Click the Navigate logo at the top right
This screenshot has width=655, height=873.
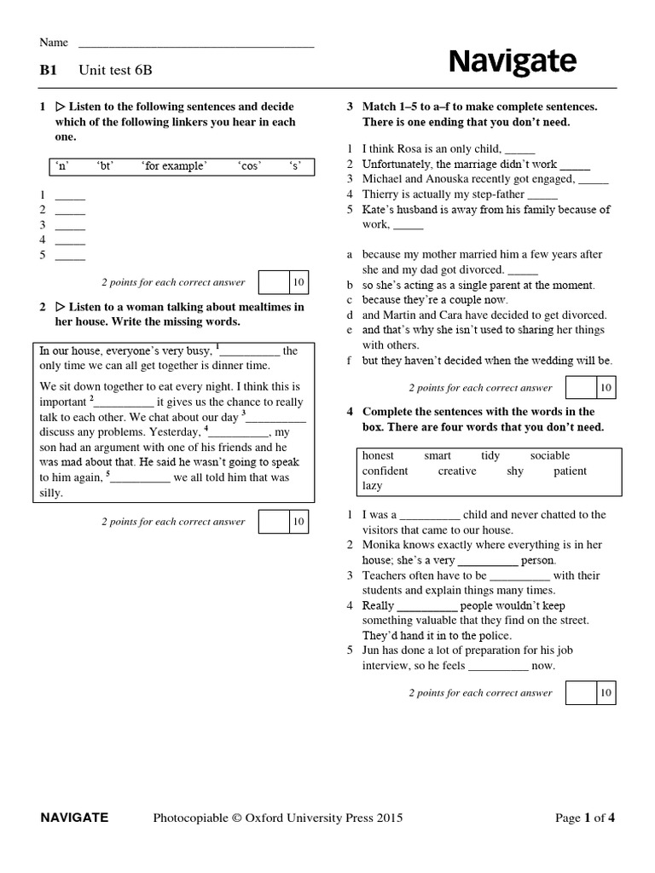512,62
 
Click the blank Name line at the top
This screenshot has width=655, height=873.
196,43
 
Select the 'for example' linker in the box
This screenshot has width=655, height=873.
174,166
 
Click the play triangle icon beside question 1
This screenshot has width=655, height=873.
60,107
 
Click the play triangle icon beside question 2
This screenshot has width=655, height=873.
60,306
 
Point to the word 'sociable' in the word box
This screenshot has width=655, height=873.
549,455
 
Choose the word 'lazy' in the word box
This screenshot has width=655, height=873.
372,485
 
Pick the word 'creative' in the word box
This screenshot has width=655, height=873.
457,471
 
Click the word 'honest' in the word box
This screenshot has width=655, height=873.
378,455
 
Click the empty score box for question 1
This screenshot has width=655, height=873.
273,282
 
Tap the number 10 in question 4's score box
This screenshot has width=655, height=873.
605,693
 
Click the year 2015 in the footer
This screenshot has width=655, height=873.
389,818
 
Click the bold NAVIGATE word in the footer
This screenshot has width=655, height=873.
75,818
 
